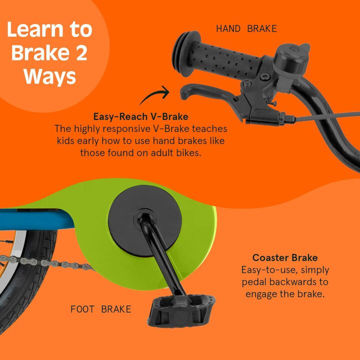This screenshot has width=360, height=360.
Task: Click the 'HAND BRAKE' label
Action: pos(246,28)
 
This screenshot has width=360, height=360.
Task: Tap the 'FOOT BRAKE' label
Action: pos(101,309)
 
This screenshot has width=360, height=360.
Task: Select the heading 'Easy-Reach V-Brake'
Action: pos(140,116)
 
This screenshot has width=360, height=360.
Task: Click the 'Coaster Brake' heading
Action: pos(285,257)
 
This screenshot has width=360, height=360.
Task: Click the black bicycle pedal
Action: pos(181,310)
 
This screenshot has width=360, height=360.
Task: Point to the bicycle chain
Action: pos(46,262)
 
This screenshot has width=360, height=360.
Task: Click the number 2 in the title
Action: pos(81,53)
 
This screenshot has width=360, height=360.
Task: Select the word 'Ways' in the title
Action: pos(49,77)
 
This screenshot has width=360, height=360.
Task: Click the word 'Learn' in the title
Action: pos(35,29)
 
